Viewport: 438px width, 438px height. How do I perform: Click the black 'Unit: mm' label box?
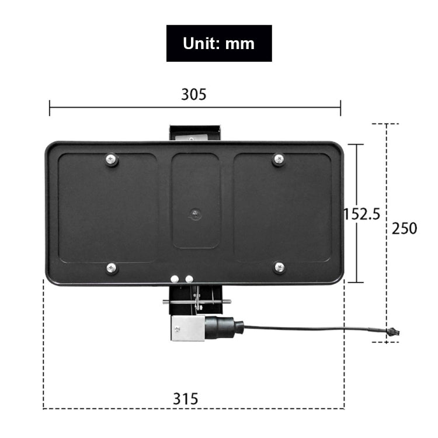(x=219, y=43)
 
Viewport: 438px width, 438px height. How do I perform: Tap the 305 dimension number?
(x=193, y=94)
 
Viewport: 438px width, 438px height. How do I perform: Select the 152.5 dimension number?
(x=361, y=214)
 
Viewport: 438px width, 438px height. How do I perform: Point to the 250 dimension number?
(x=404, y=228)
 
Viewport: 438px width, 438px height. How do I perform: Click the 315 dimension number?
(x=186, y=399)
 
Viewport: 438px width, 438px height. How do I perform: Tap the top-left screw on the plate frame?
(x=112, y=159)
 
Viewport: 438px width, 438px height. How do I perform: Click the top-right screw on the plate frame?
(x=279, y=158)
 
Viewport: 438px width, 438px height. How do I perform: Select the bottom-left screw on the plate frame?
(x=112, y=268)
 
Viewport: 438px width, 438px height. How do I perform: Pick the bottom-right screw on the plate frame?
(x=279, y=267)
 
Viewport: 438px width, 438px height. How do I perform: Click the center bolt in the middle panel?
(x=196, y=214)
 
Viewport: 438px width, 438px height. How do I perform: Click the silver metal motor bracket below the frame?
(x=187, y=329)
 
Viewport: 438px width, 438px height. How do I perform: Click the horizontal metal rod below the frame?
(x=196, y=302)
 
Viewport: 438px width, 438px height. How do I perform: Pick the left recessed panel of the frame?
(x=108, y=207)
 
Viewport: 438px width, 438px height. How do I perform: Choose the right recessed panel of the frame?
(x=282, y=207)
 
